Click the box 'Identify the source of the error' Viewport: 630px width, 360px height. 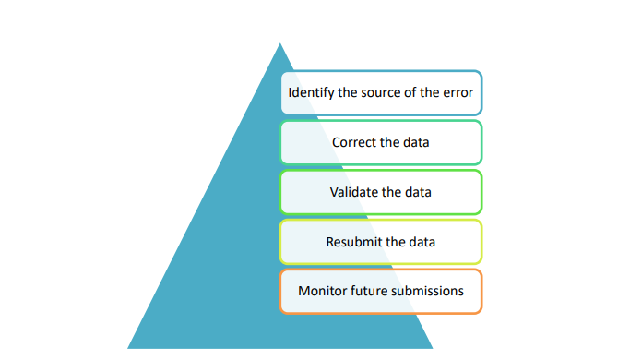(x=381, y=93)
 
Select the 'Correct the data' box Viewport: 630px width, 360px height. (x=381, y=143)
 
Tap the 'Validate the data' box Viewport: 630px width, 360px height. (x=381, y=192)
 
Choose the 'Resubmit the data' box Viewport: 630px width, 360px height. (x=381, y=242)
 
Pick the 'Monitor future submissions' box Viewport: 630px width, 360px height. (x=381, y=291)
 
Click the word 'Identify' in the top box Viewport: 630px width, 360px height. (x=311, y=93)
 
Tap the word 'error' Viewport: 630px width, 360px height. (x=458, y=93)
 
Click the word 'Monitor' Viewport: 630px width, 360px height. (x=322, y=291)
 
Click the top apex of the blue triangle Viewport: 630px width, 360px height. (x=279, y=44)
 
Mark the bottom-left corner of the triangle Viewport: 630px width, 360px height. (x=129, y=347)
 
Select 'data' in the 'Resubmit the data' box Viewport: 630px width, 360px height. (x=421, y=242)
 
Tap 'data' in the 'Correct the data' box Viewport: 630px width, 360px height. (x=416, y=143)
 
